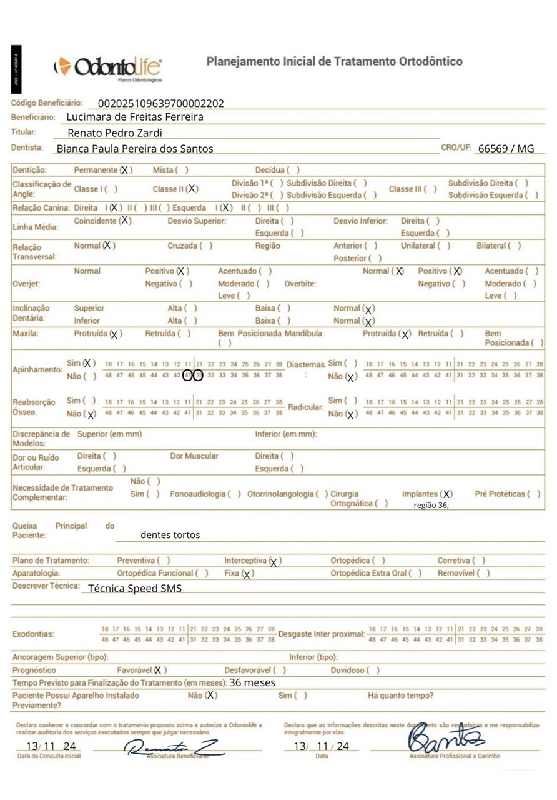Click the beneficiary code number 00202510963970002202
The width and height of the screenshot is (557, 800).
click(x=161, y=104)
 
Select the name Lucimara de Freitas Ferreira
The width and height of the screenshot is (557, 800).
click(x=135, y=117)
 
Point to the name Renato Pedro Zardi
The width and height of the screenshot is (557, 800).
click(x=115, y=132)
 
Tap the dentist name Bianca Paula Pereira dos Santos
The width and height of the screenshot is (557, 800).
click(x=135, y=149)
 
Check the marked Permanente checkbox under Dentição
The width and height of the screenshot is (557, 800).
click(x=126, y=170)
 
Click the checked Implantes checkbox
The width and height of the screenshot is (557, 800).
click(x=446, y=494)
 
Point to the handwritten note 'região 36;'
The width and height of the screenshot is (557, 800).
click(x=431, y=506)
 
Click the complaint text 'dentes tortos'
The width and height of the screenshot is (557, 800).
click(x=170, y=535)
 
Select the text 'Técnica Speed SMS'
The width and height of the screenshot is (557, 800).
click(x=135, y=588)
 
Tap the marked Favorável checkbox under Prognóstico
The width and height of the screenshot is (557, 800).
click(x=160, y=671)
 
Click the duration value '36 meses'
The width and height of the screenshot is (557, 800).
click(x=252, y=682)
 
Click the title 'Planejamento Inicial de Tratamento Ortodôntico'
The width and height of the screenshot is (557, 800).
click(x=335, y=61)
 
